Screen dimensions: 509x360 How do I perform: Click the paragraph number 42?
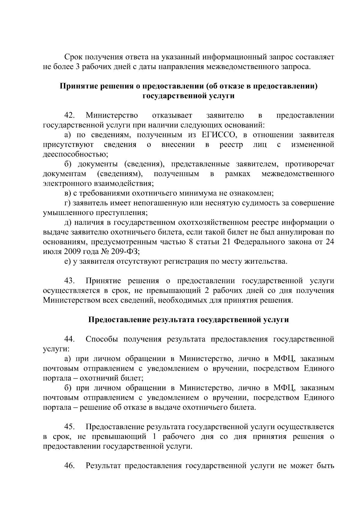coord(70,115)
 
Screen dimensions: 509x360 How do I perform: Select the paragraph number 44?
coord(70,339)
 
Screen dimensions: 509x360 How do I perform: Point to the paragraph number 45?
coord(70,427)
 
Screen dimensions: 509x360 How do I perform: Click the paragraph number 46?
coord(70,466)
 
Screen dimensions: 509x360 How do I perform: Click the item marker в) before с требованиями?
coord(67,193)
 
